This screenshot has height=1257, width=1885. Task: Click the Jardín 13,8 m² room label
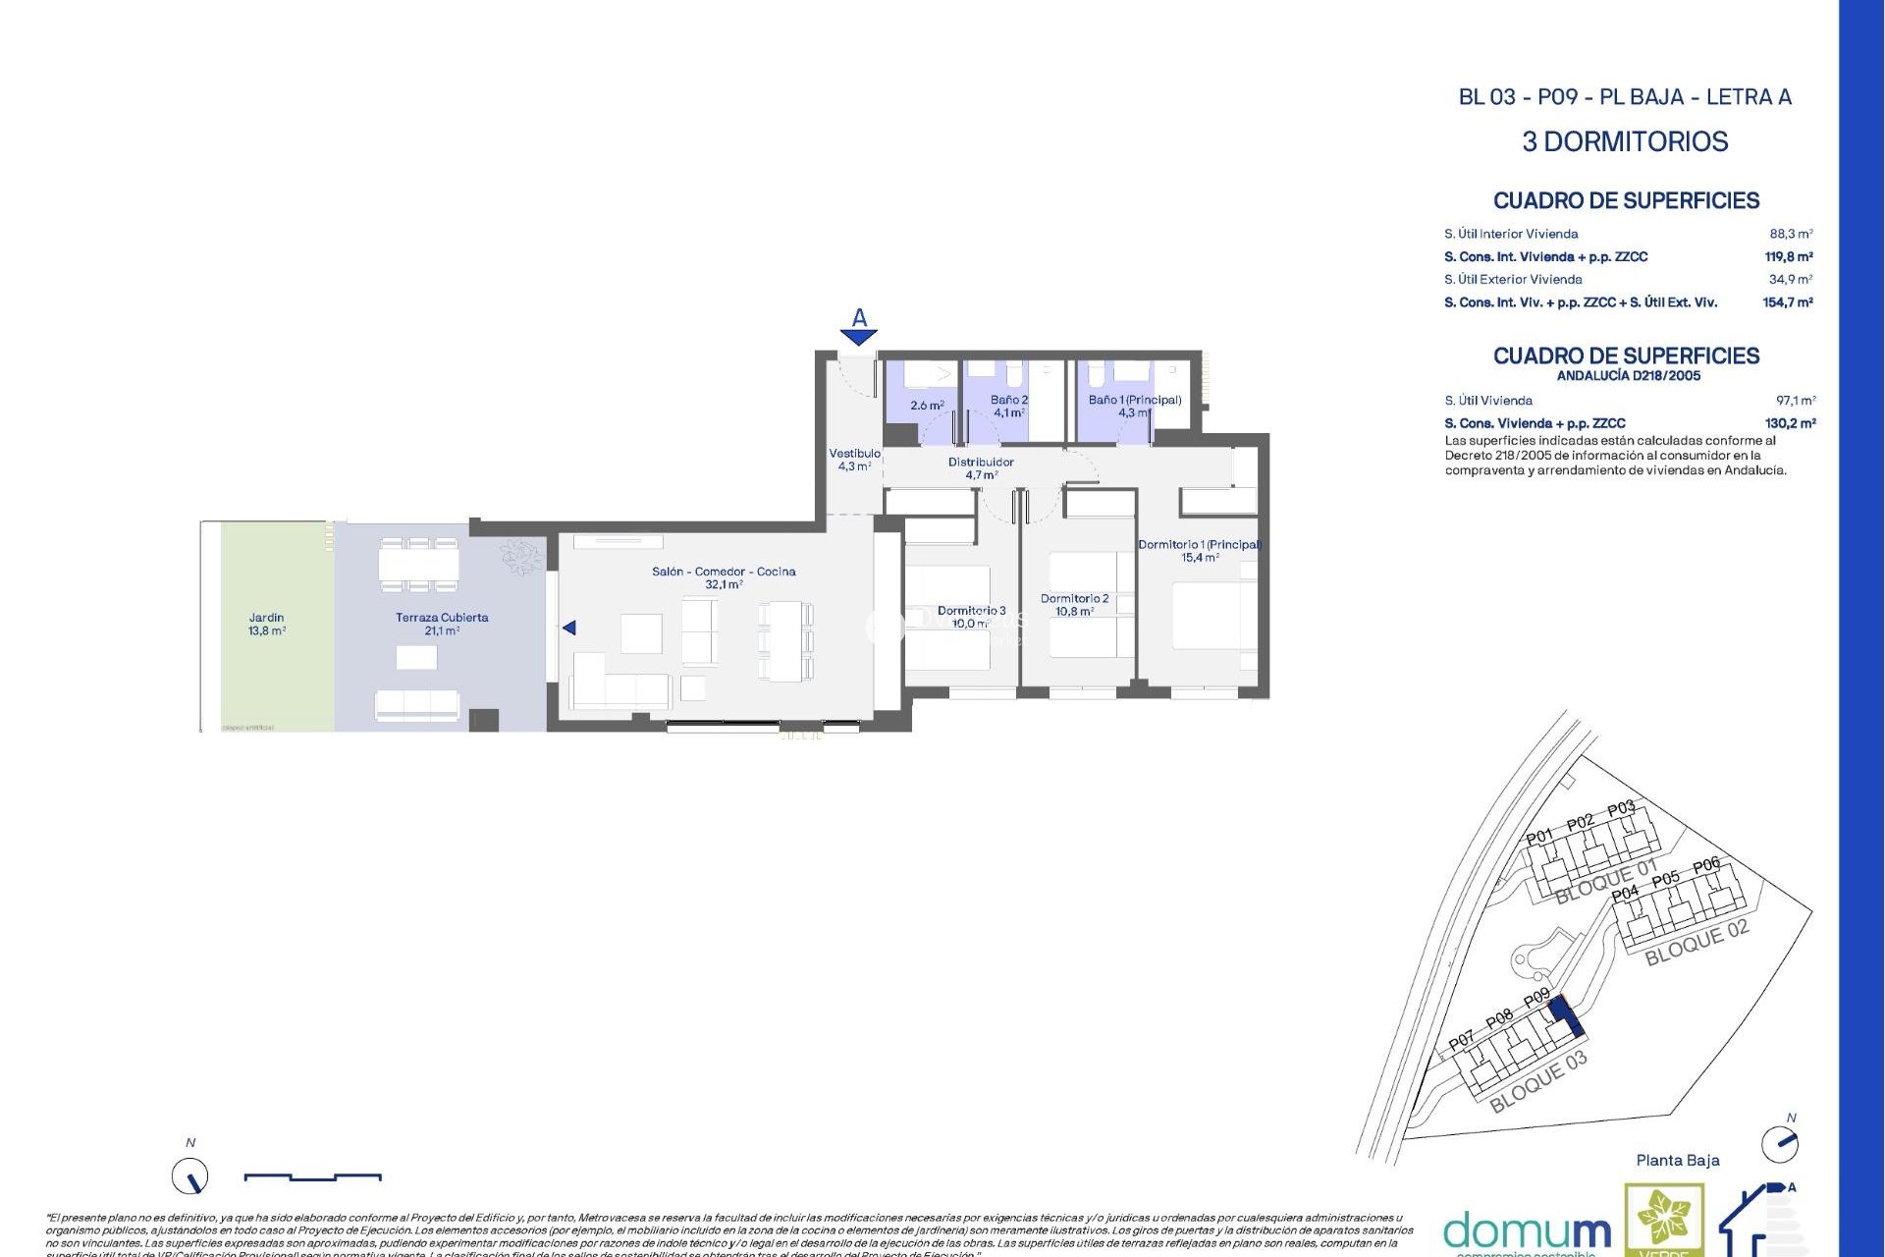click(266, 625)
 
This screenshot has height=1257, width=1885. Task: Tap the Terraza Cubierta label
click(442, 625)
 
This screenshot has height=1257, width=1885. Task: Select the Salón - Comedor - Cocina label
click(724, 577)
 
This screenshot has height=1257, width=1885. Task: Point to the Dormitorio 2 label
click(1074, 604)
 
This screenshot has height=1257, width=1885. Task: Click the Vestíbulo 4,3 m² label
click(854, 460)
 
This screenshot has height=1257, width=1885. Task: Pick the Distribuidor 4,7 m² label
click(981, 468)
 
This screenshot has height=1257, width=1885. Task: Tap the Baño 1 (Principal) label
click(1134, 406)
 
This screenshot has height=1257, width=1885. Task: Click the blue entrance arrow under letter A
click(858, 338)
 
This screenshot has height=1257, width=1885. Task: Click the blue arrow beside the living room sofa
click(569, 628)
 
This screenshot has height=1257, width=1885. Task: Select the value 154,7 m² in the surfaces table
click(1787, 302)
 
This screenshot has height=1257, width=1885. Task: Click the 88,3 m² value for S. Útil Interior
click(1791, 234)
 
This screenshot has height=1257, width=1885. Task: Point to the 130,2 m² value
click(1790, 423)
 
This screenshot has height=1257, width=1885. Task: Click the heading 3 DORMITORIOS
click(1625, 141)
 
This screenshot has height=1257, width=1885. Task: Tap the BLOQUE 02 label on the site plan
click(1696, 943)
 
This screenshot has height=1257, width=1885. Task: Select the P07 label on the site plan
click(1462, 1040)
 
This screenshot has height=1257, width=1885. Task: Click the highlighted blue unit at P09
click(1567, 1015)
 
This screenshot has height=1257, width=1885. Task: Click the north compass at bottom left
click(190, 1175)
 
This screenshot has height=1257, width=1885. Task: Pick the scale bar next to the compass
click(312, 1176)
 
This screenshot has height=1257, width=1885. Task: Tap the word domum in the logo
click(1527, 1231)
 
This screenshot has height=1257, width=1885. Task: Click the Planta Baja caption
click(1677, 1160)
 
